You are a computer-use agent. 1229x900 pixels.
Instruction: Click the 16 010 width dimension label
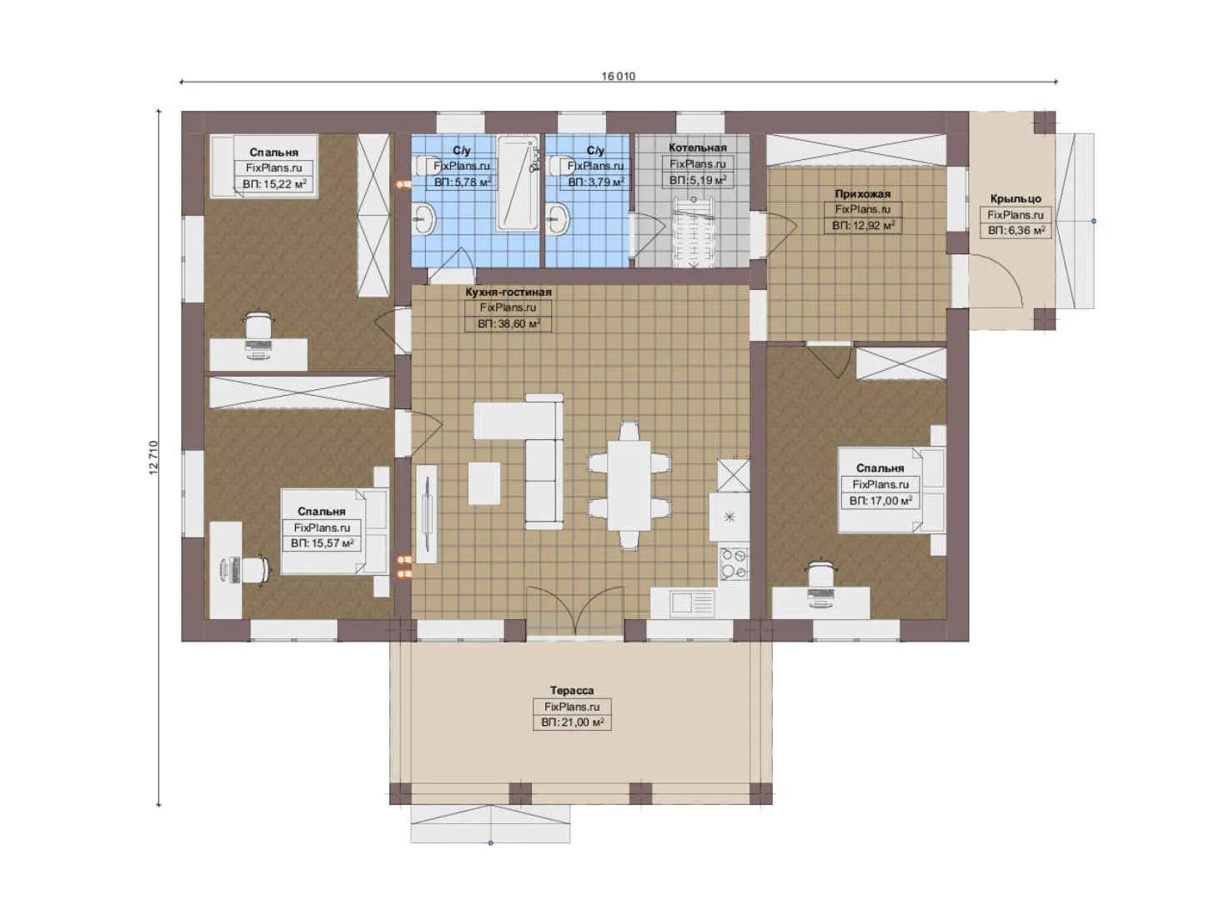(619, 76)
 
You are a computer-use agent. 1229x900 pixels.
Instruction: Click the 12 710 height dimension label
(153, 457)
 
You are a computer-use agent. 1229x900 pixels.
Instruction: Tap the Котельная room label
(697, 147)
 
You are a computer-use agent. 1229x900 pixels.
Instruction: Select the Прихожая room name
(862, 193)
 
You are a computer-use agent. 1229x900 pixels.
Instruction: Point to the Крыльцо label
(1015, 199)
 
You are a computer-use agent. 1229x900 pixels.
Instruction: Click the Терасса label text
(572, 691)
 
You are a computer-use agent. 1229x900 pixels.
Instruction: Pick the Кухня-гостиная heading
(508, 292)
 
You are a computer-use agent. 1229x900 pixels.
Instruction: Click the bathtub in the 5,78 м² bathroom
(518, 183)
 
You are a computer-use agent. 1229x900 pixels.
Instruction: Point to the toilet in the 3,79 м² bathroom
(559, 165)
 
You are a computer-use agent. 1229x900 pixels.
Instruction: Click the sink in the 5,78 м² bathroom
(424, 218)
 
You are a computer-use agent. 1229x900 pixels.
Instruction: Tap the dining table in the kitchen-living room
(629, 485)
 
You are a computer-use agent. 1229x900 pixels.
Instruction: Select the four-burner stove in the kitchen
(734, 563)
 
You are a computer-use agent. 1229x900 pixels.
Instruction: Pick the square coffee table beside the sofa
(484, 483)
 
